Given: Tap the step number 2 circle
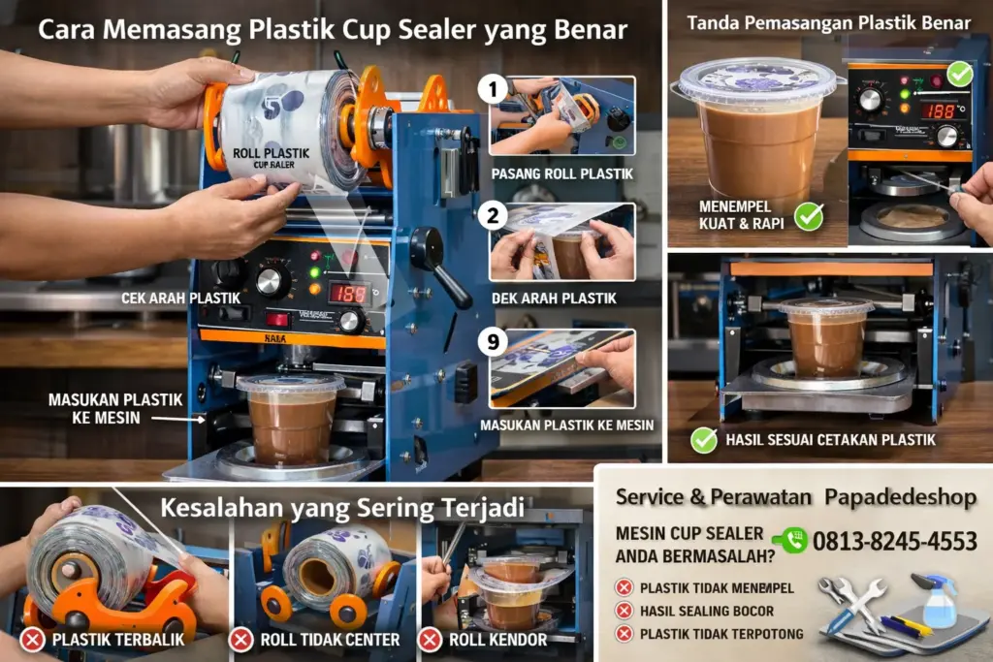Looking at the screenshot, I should coord(494,215).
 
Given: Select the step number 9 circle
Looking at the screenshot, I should coord(494,342).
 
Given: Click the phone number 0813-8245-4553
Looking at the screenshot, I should coord(894,541).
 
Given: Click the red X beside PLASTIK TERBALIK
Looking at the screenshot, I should coord(32,640).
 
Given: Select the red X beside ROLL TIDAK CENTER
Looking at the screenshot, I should coord(240,640).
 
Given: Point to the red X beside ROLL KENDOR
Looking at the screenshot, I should coord(430,640).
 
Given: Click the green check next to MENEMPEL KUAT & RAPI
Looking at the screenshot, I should coord(808,216).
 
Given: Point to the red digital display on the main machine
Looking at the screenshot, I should coord(348,293).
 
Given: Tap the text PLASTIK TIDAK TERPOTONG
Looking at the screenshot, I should coord(721,634).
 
